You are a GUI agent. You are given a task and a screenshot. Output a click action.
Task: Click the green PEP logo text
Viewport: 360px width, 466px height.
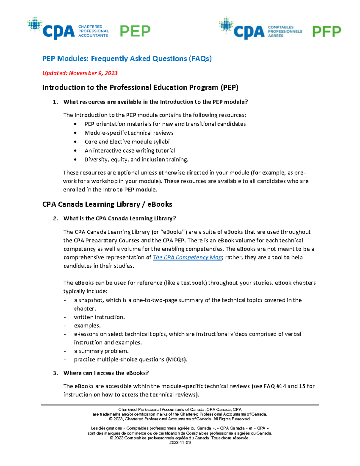click(135, 31)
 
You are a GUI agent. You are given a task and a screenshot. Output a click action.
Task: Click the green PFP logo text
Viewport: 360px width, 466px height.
click(326, 32)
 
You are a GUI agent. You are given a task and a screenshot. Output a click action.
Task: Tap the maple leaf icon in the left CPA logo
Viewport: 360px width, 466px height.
click(35, 24)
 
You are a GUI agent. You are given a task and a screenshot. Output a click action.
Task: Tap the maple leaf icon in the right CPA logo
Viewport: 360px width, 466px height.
click(226, 25)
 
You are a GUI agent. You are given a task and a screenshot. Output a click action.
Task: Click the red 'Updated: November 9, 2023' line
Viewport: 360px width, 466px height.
click(80, 73)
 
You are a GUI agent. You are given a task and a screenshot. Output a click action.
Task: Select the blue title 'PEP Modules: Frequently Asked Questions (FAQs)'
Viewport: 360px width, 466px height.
click(127, 59)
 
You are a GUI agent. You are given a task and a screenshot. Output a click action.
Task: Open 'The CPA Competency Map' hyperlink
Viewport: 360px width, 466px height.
click(187, 257)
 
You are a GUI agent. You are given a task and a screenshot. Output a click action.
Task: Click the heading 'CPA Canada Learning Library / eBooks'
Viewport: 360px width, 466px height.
click(107, 204)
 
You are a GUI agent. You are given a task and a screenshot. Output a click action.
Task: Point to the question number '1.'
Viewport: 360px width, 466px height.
click(55, 102)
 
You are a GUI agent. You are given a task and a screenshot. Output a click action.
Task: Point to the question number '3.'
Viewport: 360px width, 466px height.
click(55, 373)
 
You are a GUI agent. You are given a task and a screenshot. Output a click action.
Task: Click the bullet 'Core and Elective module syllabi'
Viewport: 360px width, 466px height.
click(127, 142)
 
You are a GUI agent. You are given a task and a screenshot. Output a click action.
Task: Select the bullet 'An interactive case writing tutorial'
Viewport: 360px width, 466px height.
click(130, 151)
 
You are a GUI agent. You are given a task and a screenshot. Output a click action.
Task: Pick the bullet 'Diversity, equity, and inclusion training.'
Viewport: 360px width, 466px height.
click(136, 160)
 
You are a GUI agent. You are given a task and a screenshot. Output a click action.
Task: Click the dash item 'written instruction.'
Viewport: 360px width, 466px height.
click(99, 317)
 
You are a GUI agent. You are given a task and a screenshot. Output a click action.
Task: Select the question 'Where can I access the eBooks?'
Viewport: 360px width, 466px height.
click(106, 373)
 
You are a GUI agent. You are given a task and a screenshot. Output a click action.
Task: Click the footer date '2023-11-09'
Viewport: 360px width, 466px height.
click(180, 443)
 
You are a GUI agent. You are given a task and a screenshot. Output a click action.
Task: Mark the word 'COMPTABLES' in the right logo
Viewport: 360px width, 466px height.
click(280, 27)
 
